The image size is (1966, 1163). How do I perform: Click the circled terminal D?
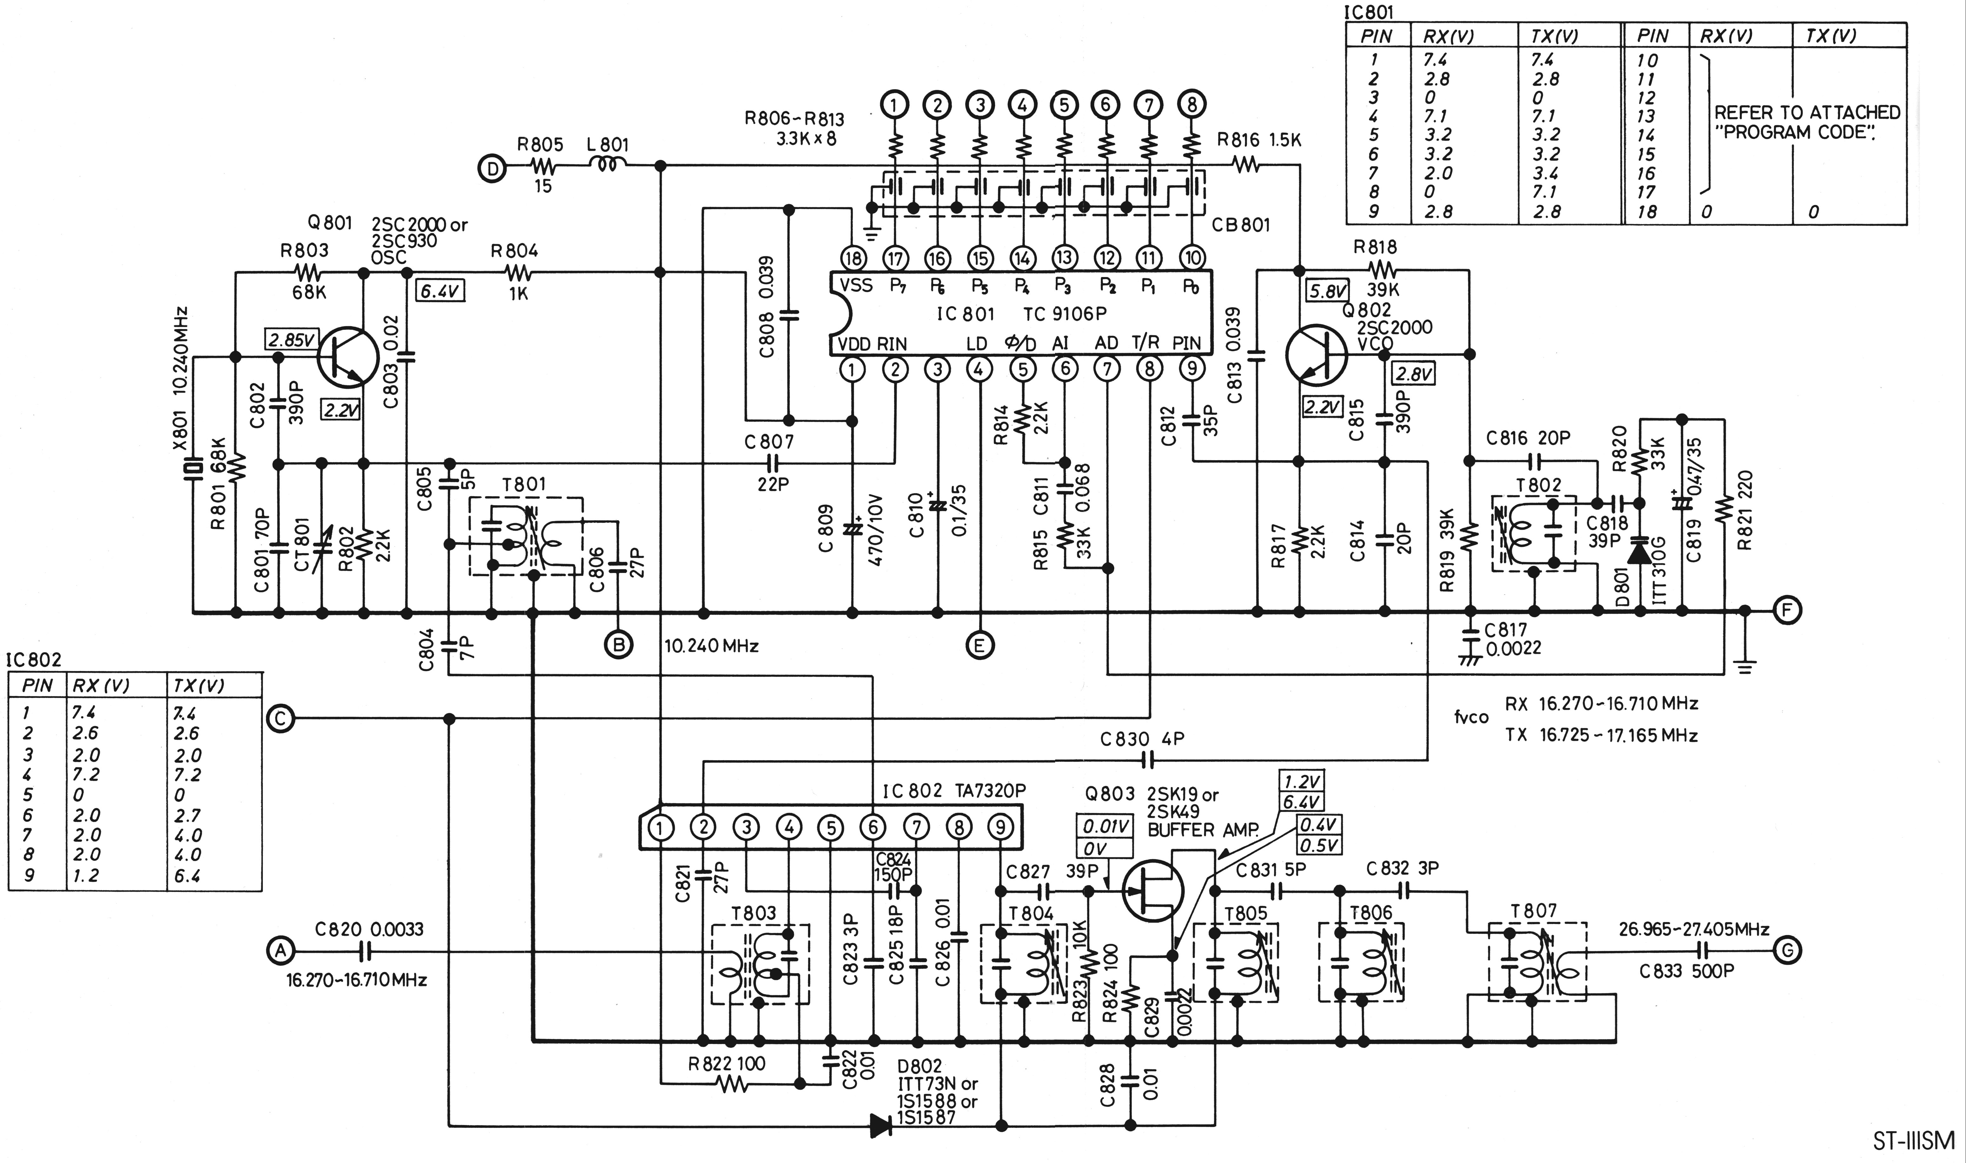point(492,168)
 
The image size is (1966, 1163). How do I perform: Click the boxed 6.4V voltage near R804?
point(440,291)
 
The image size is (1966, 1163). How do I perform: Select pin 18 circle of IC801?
point(853,257)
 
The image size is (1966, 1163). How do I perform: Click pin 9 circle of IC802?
point(1001,827)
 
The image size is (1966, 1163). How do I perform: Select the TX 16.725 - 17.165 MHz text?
point(1601,735)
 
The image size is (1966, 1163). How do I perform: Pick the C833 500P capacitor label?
point(1686,971)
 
